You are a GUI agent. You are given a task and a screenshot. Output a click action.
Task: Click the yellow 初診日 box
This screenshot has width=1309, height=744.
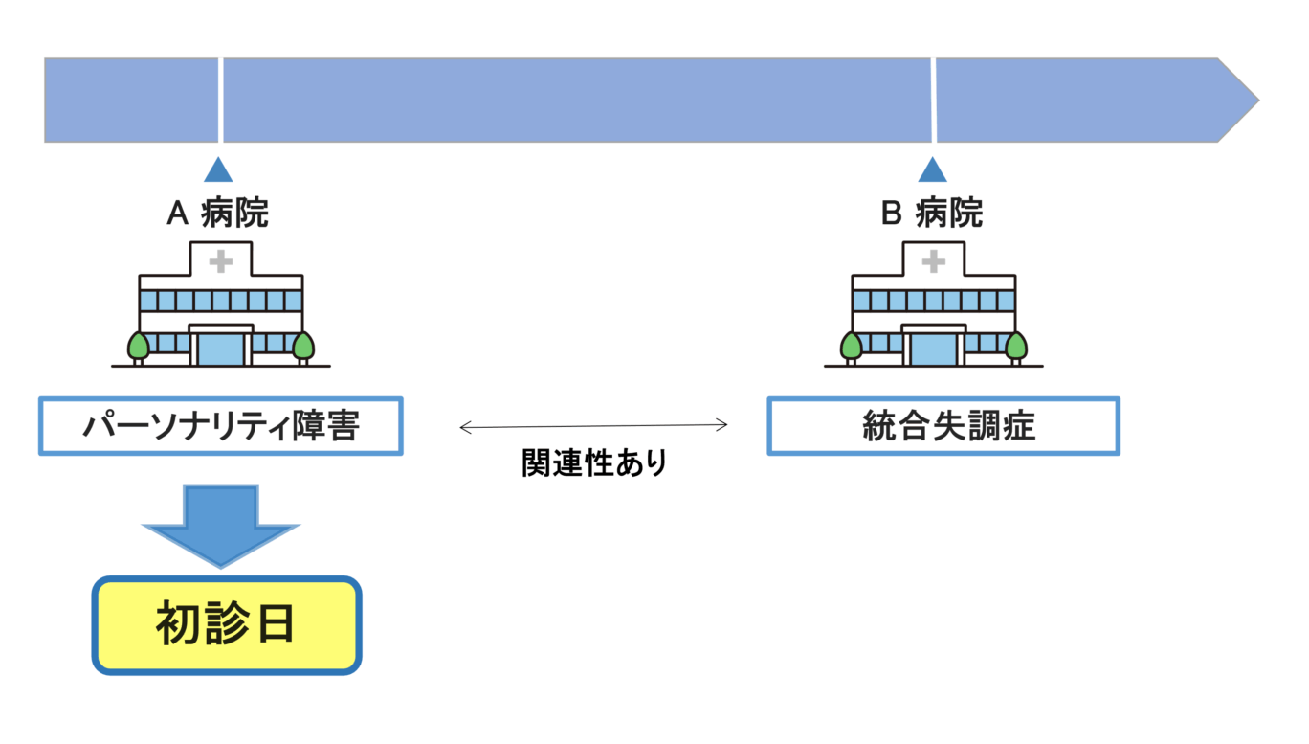tap(227, 625)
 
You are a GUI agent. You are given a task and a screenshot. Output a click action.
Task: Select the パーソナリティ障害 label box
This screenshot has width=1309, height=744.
tap(221, 426)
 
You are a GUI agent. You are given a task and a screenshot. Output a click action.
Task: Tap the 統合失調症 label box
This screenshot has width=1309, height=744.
tap(943, 426)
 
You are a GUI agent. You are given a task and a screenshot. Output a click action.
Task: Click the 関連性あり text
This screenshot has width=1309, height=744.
tap(593, 462)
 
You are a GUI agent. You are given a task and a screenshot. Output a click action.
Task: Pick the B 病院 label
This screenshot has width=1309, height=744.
tap(931, 214)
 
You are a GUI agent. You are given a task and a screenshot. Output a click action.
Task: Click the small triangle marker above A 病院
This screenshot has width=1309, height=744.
tap(219, 169)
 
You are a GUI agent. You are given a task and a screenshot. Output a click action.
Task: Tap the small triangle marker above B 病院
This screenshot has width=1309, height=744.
tap(932, 169)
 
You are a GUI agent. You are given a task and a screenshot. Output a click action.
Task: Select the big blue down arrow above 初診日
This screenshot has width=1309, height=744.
tap(221, 525)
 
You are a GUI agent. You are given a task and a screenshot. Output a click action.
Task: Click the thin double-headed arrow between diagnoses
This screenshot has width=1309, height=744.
tap(593, 426)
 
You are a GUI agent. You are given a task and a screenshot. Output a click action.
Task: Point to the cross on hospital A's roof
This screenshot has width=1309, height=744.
tap(221, 260)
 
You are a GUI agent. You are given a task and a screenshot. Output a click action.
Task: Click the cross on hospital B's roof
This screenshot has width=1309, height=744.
tap(934, 260)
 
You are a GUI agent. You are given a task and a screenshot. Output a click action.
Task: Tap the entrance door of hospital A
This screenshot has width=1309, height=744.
tap(221, 349)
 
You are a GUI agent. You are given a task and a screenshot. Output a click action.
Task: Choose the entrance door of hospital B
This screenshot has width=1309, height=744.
tap(934, 349)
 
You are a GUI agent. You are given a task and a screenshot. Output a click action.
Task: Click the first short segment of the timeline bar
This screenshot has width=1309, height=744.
tap(131, 101)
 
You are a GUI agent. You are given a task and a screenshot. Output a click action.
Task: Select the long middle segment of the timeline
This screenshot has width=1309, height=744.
tap(576, 101)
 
